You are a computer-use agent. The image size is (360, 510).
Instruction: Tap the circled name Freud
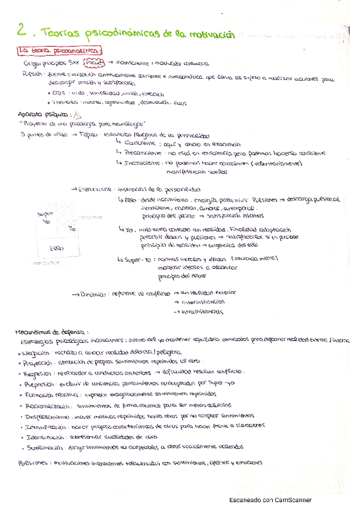click(x=96, y=62)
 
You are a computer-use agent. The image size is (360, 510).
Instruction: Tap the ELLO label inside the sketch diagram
click(x=56, y=248)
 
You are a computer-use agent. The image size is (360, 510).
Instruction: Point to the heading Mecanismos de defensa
click(x=53, y=331)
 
